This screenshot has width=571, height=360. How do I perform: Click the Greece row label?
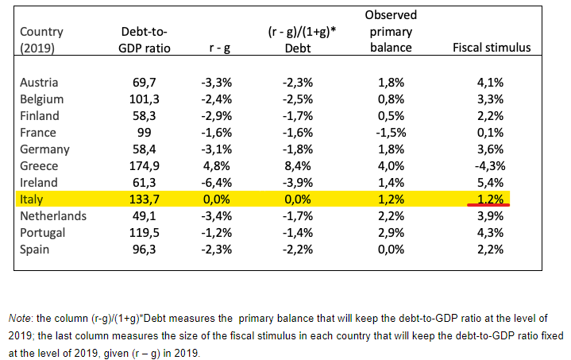tap(37, 166)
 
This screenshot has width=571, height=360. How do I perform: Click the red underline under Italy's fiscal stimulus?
tap(488, 206)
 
